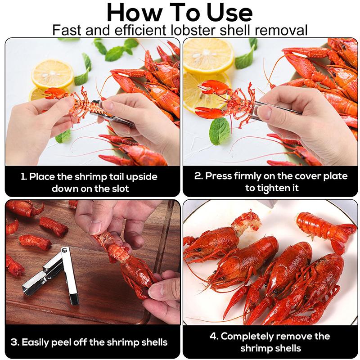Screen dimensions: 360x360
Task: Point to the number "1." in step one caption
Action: (x=24, y=177)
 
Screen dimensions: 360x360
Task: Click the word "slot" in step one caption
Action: (x=119, y=189)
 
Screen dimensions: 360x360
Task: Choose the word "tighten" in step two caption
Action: (x=273, y=188)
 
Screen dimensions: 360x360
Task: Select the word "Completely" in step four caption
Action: (x=253, y=336)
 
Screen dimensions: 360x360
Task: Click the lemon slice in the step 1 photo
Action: (x=52, y=73)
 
